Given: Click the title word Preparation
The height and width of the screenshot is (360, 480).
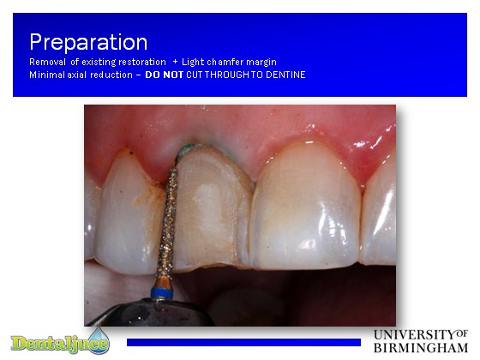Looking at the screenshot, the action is [x=88, y=42].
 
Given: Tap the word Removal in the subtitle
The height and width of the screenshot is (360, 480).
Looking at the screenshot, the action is [x=47, y=62].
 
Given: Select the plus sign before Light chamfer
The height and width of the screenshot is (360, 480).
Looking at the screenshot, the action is [x=175, y=62].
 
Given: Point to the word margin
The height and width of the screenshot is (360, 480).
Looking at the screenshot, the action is [x=261, y=63].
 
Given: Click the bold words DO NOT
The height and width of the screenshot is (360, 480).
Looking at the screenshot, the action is [x=164, y=75].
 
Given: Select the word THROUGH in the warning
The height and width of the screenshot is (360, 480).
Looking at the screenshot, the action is [x=227, y=75].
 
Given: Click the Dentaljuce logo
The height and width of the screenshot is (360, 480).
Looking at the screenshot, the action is [x=60, y=342].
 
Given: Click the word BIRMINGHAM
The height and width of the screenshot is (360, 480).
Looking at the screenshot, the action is [x=421, y=348].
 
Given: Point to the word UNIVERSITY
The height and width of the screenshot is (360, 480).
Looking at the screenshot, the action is [x=415, y=334].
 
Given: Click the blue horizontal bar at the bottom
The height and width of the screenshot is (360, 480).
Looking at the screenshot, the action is [x=243, y=342].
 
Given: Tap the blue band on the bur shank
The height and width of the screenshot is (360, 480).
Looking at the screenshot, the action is [x=162, y=292].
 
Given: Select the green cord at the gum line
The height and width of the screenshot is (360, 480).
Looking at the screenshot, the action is [x=184, y=150].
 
